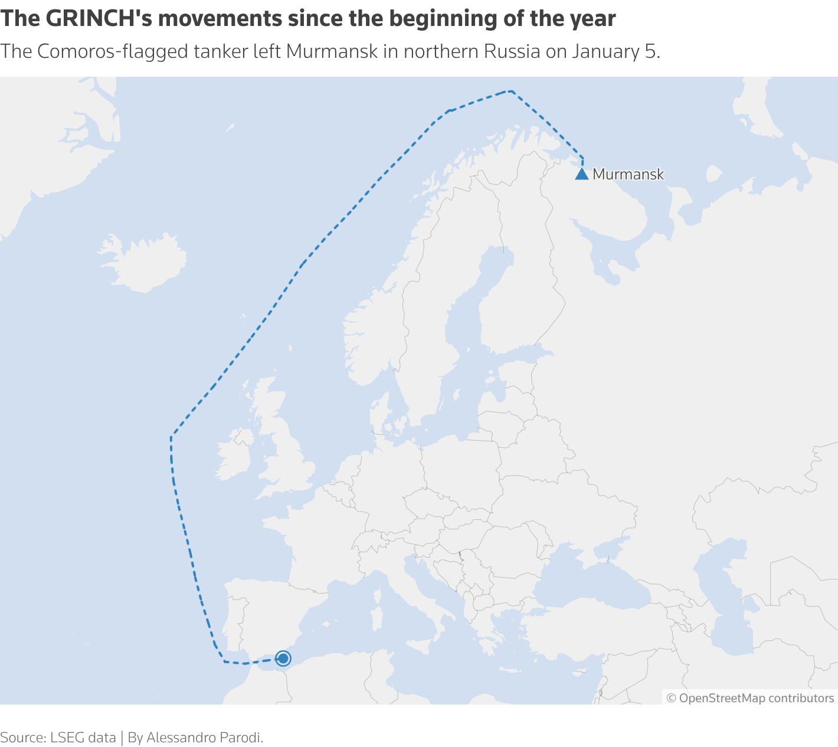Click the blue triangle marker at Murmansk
point(582,174)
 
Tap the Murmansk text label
point(628,175)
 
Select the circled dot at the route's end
point(283,658)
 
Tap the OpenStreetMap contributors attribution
point(750,698)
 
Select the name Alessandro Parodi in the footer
point(204,738)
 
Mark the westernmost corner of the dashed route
point(171,438)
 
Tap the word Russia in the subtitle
point(512,52)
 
